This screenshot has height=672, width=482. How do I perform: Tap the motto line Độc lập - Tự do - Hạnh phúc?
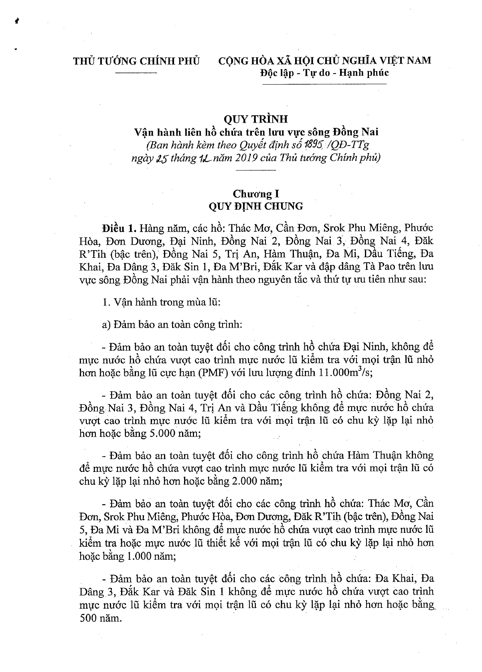pyautogui.click(x=324, y=73)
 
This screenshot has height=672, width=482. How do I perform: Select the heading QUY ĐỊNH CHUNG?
pyautogui.click(x=256, y=206)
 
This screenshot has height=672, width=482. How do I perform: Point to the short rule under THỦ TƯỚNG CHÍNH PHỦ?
pyautogui.click(x=136, y=73)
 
